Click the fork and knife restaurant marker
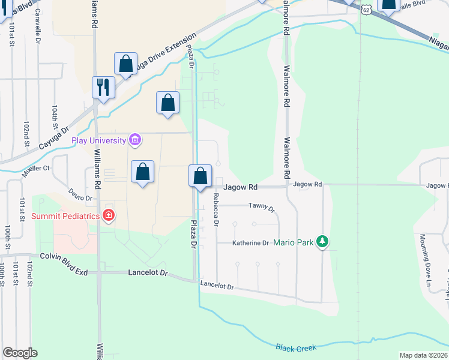[x=103, y=87]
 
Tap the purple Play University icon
[x=135, y=140]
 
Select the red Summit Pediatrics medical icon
[x=108, y=215]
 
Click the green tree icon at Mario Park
[x=323, y=242]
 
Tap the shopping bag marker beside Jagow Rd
[x=200, y=176]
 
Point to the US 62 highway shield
[x=367, y=9]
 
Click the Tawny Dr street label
[x=261, y=209]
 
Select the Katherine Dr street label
[x=251, y=243]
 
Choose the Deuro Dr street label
[x=80, y=197]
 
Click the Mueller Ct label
[x=37, y=169]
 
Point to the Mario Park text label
[x=294, y=243]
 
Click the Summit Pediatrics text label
[x=65, y=215]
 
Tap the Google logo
[x=20, y=353]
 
